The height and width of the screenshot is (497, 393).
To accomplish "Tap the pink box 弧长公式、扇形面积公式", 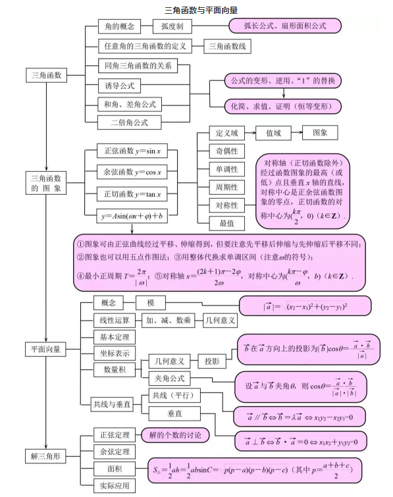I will (x=285, y=26).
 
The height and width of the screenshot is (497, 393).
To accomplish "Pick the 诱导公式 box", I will (x=120, y=86).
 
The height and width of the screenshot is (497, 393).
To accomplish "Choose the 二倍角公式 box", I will (x=129, y=122).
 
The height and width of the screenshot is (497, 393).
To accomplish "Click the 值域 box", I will (x=273, y=133).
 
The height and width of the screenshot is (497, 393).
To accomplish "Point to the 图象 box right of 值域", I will (x=320, y=132).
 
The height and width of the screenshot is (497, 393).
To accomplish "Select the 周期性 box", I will (x=227, y=187).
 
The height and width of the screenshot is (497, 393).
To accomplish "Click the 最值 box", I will (x=227, y=223).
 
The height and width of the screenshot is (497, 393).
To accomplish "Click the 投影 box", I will (x=211, y=361).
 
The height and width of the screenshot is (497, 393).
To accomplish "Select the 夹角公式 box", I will (x=169, y=379).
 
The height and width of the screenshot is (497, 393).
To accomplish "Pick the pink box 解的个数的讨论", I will (x=175, y=435).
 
